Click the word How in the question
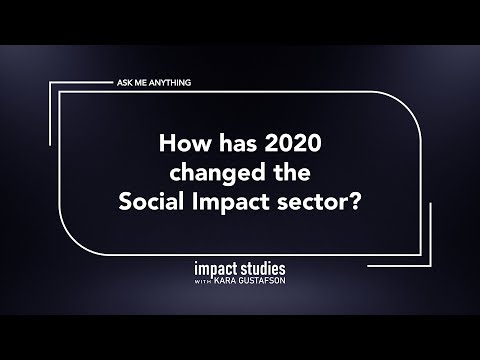click(x=182, y=143)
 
